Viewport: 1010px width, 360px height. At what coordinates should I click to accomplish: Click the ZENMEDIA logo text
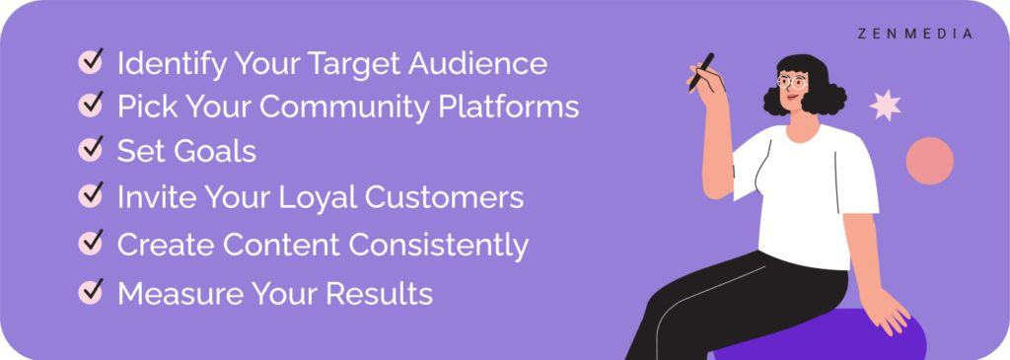click(x=914, y=34)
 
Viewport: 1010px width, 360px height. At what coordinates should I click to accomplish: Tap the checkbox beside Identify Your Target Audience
click(x=91, y=63)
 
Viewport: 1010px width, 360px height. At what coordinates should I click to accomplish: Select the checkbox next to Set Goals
click(x=91, y=150)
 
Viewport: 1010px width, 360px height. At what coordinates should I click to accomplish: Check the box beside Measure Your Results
click(x=91, y=292)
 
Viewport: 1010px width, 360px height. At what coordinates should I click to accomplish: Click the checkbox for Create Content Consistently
click(x=91, y=243)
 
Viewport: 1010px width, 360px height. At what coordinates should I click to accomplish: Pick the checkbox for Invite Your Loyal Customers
click(x=91, y=196)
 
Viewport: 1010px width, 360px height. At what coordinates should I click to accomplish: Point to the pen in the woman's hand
click(x=701, y=71)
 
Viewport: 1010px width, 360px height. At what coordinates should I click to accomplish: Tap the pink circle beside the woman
click(x=929, y=161)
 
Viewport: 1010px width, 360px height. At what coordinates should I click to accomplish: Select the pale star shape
click(x=885, y=105)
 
